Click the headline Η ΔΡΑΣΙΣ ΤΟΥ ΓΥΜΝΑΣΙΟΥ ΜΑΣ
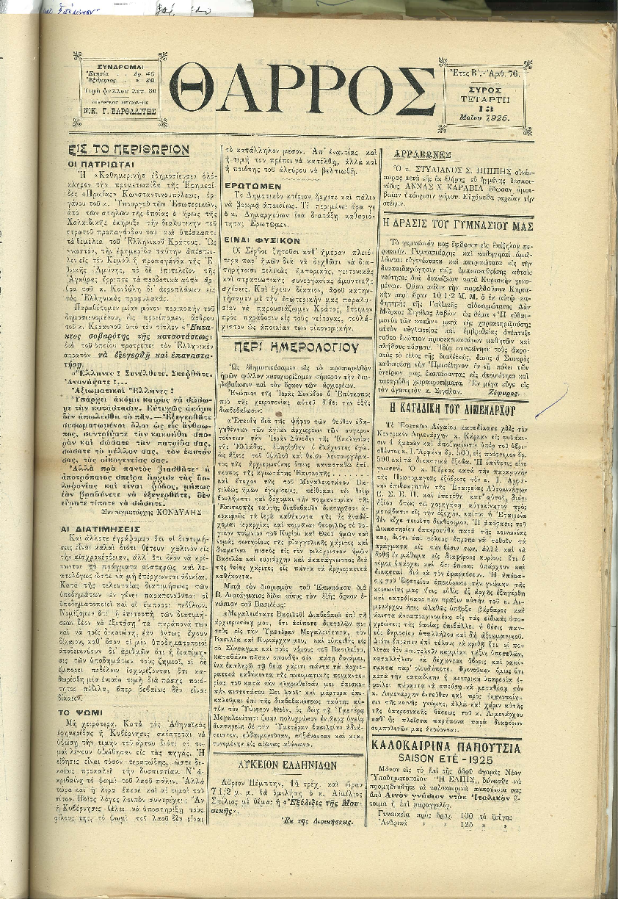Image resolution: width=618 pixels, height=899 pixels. click(x=458, y=224)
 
